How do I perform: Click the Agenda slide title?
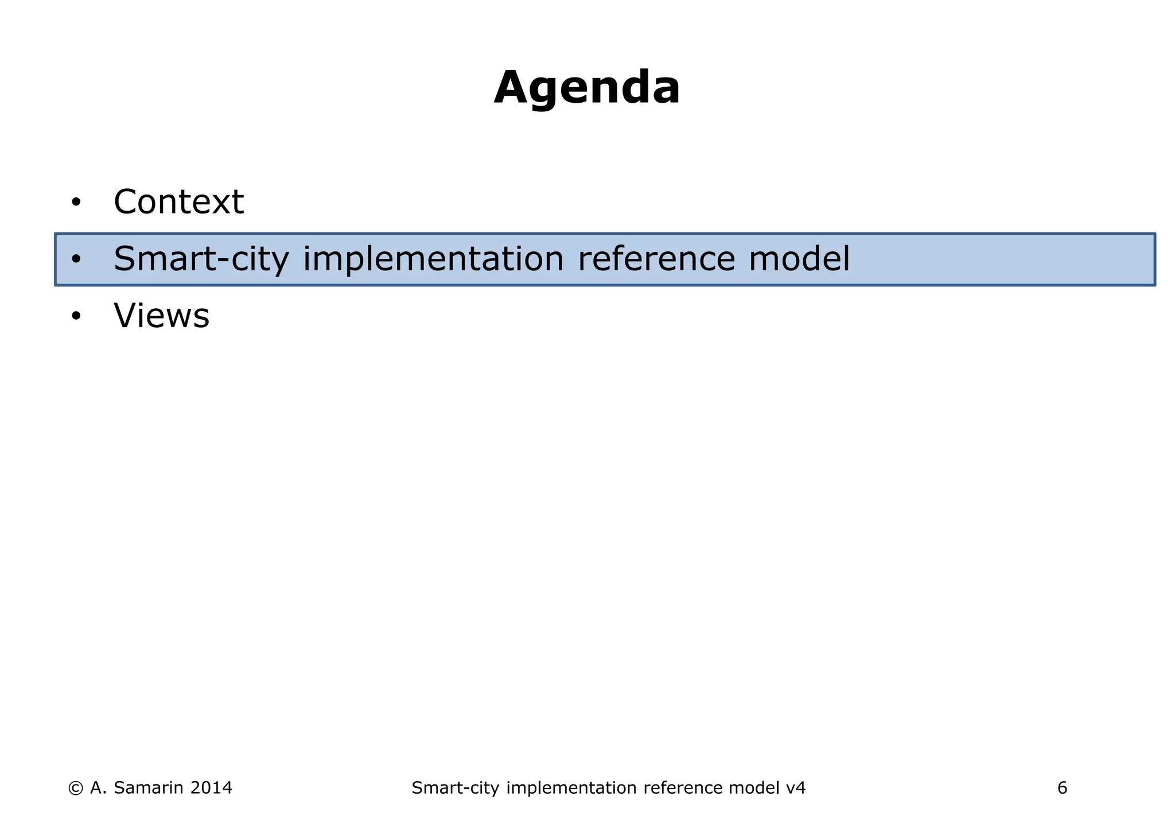pyautogui.click(x=587, y=88)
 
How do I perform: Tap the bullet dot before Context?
pyautogui.click(x=76, y=203)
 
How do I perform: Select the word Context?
pyautogui.click(x=178, y=202)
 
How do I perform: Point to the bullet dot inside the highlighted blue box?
pyautogui.click(x=76, y=259)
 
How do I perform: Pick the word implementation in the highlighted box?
pyautogui.click(x=433, y=259)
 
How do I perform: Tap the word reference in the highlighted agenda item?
pyautogui.click(x=656, y=259)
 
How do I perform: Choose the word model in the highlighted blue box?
pyautogui.click(x=799, y=259)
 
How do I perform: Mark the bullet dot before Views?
pyautogui.click(x=76, y=316)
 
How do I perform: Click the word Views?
pyautogui.click(x=162, y=316)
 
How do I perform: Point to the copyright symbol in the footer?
pyautogui.click(x=75, y=788)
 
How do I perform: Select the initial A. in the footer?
pyautogui.click(x=98, y=788)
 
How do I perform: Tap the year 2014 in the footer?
pyautogui.click(x=211, y=788)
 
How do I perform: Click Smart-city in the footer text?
pyautogui.click(x=455, y=788)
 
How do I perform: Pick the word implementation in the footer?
pyautogui.click(x=571, y=788)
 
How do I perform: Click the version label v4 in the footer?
pyautogui.click(x=795, y=788)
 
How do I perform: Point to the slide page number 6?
pyautogui.click(x=1062, y=788)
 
